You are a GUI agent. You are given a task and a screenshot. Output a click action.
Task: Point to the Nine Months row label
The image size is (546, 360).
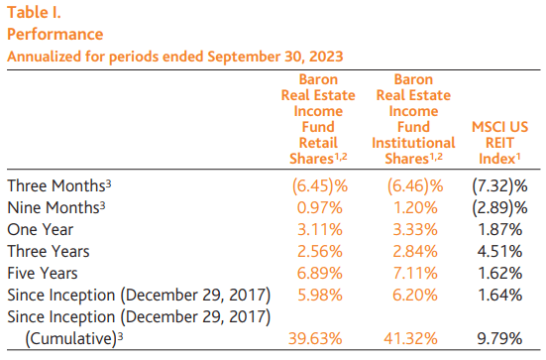[58, 207]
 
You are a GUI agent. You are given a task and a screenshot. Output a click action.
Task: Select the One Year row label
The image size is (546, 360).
[40, 229]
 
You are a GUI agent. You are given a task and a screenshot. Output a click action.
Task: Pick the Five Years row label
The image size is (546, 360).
[45, 273]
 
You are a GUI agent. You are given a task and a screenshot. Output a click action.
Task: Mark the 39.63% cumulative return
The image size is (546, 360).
[318, 339]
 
